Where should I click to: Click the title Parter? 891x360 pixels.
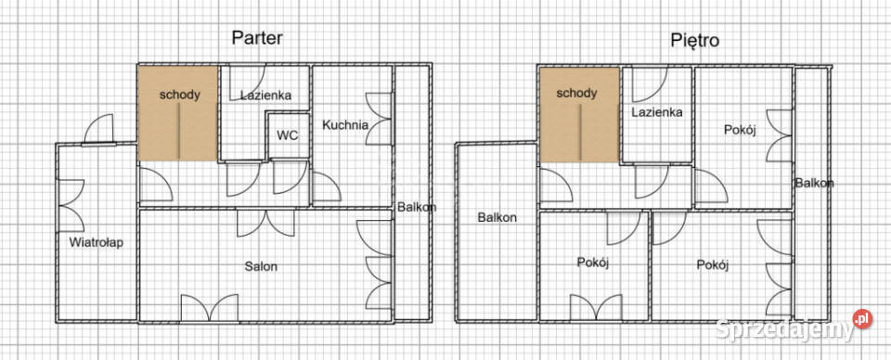click(257, 38)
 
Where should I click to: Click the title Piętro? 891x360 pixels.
click(694, 40)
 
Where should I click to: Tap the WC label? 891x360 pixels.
click(287, 135)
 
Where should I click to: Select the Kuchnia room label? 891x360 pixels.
click(345, 124)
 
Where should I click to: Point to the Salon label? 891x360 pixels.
click(262, 265)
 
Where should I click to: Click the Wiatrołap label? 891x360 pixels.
click(96, 242)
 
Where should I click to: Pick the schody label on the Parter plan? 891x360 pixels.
click(179, 95)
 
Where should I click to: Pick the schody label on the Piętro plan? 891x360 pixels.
click(576, 93)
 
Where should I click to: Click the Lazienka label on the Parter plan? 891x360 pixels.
click(266, 96)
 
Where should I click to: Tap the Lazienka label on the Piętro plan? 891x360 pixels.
click(657, 112)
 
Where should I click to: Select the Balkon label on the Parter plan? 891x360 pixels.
click(417, 207)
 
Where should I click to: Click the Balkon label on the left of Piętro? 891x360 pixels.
click(497, 217)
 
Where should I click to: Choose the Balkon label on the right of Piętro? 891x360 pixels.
click(814, 183)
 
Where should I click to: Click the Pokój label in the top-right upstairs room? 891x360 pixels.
click(740, 130)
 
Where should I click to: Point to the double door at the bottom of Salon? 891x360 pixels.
click(209, 308)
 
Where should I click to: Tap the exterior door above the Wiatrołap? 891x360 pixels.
click(99, 130)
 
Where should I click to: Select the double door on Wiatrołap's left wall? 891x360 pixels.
click(71, 206)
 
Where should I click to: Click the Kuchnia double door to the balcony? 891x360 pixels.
click(379, 119)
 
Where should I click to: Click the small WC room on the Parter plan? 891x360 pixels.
click(289, 135)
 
